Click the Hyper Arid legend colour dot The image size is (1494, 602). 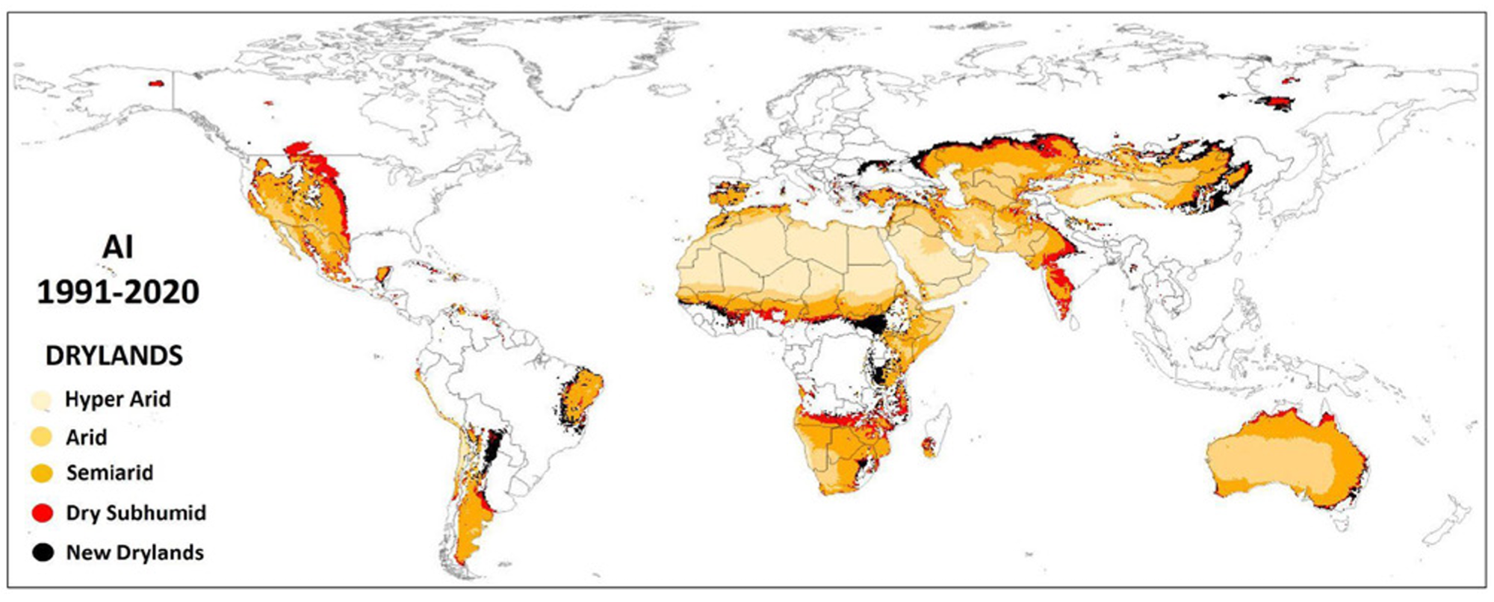[x=41, y=400]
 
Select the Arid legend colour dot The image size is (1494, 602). [x=41, y=437]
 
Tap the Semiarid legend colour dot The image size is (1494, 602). [x=42, y=473]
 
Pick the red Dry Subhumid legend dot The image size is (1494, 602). [x=43, y=513]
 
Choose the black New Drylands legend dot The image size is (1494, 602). [x=43, y=553]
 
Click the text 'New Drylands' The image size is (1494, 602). [x=134, y=553]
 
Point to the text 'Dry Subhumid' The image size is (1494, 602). [x=136, y=513]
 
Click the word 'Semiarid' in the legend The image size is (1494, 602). [x=109, y=473]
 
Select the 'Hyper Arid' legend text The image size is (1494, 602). [x=117, y=400]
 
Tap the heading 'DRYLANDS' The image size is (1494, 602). [x=114, y=356]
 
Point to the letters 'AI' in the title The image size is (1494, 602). [x=117, y=247]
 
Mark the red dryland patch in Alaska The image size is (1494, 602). [x=156, y=84]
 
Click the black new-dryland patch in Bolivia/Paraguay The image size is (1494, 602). [x=493, y=448]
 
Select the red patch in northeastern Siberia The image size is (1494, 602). [x=1276, y=102]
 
